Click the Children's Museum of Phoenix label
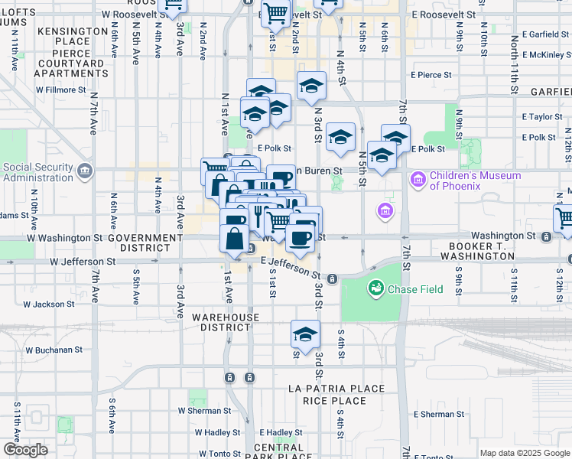click(x=475, y=181)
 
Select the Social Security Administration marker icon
click(x=84, y=172)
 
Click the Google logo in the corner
click(x=25, y=450)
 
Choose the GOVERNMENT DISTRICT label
click(x=145, y=243)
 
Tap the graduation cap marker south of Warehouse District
click(x=305, y=334)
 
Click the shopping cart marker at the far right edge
click(x=564, y=216)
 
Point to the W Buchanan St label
click(x=54, y=350)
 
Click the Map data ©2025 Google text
click(x=525, y=453)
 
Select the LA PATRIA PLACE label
click(x=336, y=389)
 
